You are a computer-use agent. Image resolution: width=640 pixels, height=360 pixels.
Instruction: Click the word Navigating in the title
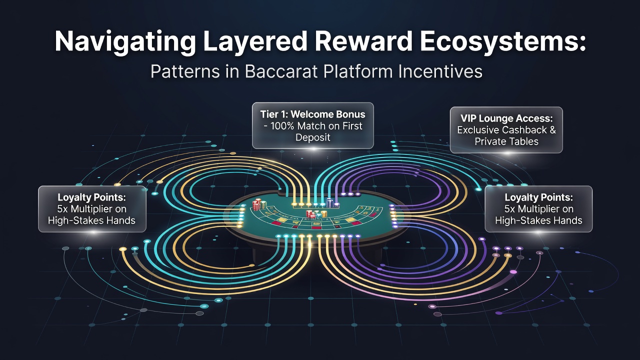point(125,41)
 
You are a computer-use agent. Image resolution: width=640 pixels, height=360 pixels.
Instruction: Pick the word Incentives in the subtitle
point(440,71)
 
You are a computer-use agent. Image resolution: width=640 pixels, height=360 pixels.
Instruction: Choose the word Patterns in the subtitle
point(185,71)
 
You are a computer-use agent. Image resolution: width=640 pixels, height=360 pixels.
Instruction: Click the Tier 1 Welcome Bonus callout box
point(313,125)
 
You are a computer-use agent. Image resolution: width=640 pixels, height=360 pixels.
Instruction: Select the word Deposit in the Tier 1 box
point(313,137)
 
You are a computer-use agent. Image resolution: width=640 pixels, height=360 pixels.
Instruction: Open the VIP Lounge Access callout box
point(506,130)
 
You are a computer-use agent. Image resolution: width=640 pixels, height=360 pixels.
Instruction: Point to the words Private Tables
point(506,141)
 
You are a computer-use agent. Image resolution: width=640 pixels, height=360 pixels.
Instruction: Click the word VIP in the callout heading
point(468,118)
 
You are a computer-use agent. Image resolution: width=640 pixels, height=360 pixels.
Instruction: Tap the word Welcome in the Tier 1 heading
point(308,114)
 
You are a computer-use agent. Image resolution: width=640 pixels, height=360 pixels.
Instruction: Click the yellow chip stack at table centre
point(323,213)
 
